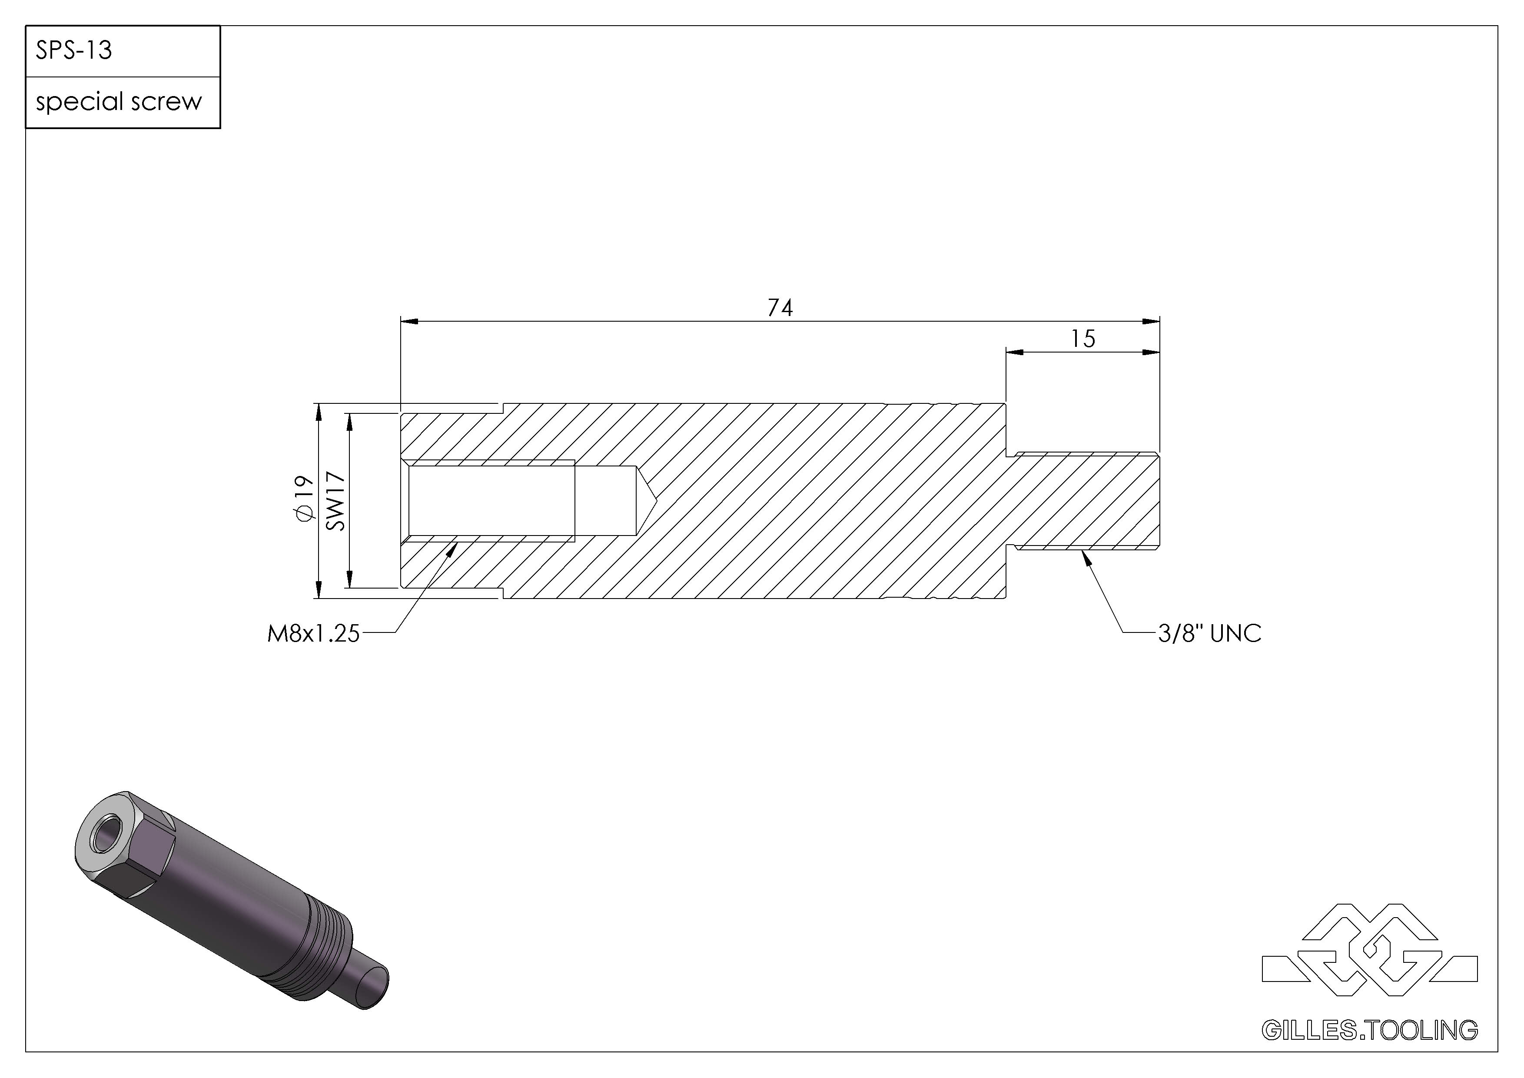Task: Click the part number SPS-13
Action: [74, 50]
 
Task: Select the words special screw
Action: [119, 102]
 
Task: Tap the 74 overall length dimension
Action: [780, 308]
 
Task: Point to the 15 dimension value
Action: [1082, 339]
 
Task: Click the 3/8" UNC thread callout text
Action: [1209, 633]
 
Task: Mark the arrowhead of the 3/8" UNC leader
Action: [1086, 558]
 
